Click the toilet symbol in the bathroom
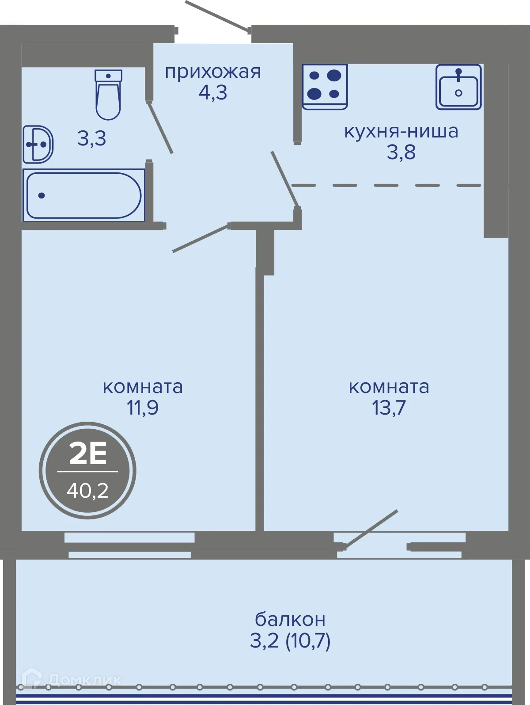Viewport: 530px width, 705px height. click(x=109, y=95)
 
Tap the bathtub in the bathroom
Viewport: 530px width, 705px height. click(x=84, y=195)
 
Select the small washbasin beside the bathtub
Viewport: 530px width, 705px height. click(x=38, y=145)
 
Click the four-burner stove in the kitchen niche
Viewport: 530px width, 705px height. click(x=325, y=87)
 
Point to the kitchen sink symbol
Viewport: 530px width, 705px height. click(x=458, y=87)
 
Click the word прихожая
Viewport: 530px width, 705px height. click(x=213, y=72)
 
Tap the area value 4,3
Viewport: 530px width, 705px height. click(x=213, y=93)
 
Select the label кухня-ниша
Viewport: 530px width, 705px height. click(x=401, y=132)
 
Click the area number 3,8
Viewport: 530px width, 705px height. click(x=401, y=152)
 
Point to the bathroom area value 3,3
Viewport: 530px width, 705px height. click(x=92, y=139)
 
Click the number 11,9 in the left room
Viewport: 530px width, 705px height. click(x=143, y=408)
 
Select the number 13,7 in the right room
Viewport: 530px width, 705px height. click(x=389, y=408)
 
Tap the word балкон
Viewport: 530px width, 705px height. click(x=290, y=619)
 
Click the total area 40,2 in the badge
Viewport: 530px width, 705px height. click(x=87, y=491)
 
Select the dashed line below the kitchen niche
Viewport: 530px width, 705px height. click(x=386, y=185)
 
